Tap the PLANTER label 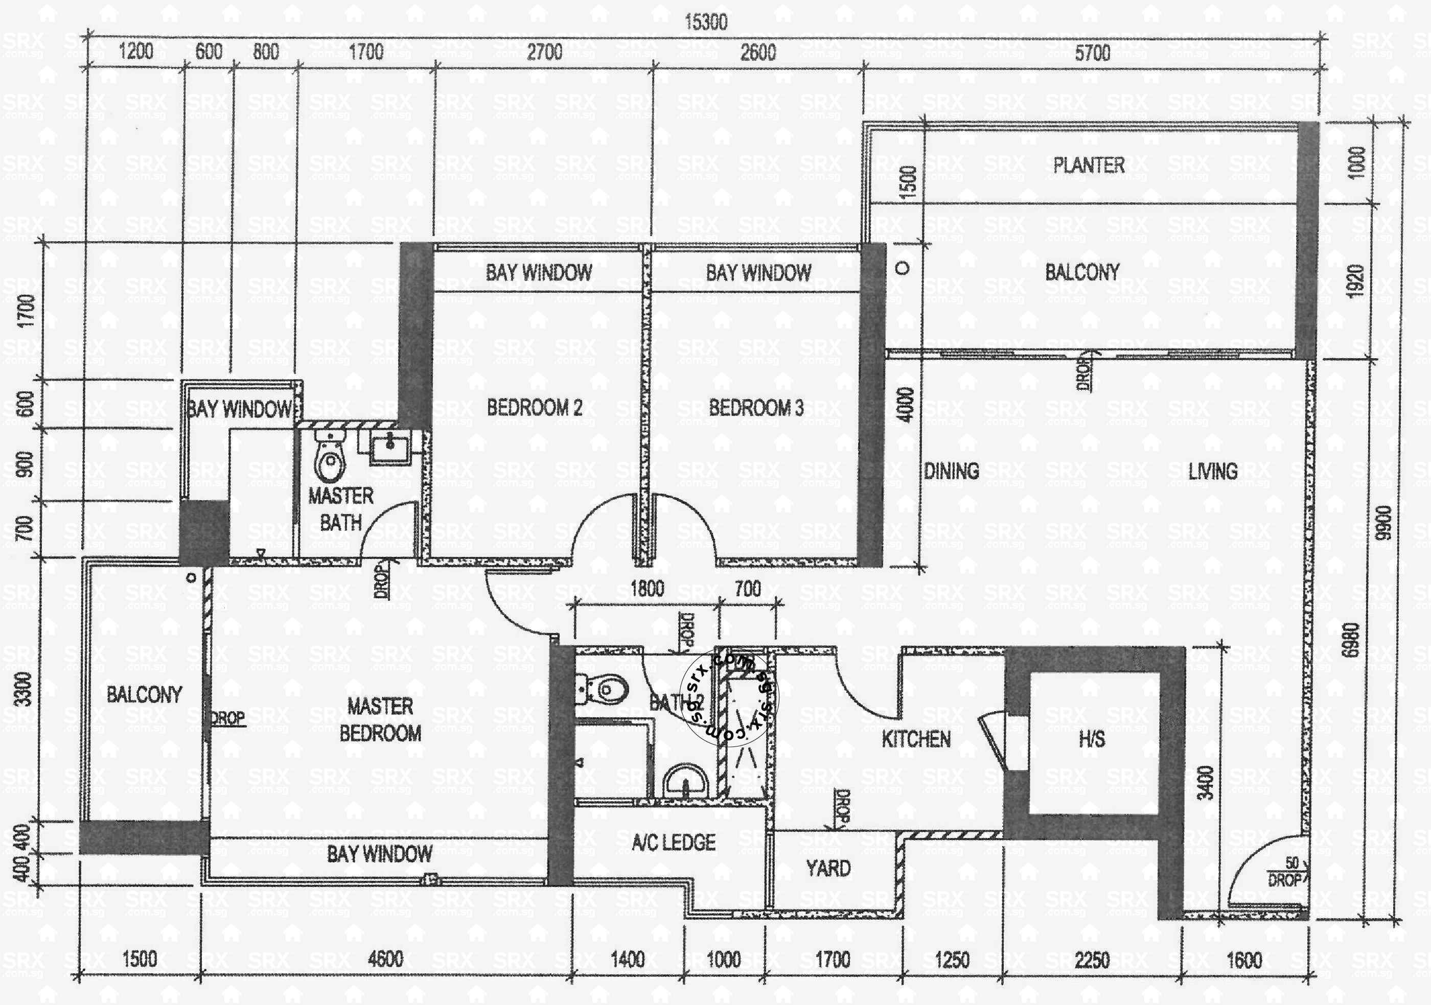[x=1088, y=165]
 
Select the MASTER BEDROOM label [x=380, y=719]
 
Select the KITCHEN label [x=915, y=740]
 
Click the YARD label [x=828, y=868]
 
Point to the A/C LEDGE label [x=673, y=843]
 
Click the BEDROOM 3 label [x=756, y=408]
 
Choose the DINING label [x=951, y=471]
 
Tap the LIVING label [x=1212, y=471]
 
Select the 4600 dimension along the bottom [x=385, y=959]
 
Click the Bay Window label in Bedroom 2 [x=539, y=272]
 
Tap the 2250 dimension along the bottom [x=1091, y=960]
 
